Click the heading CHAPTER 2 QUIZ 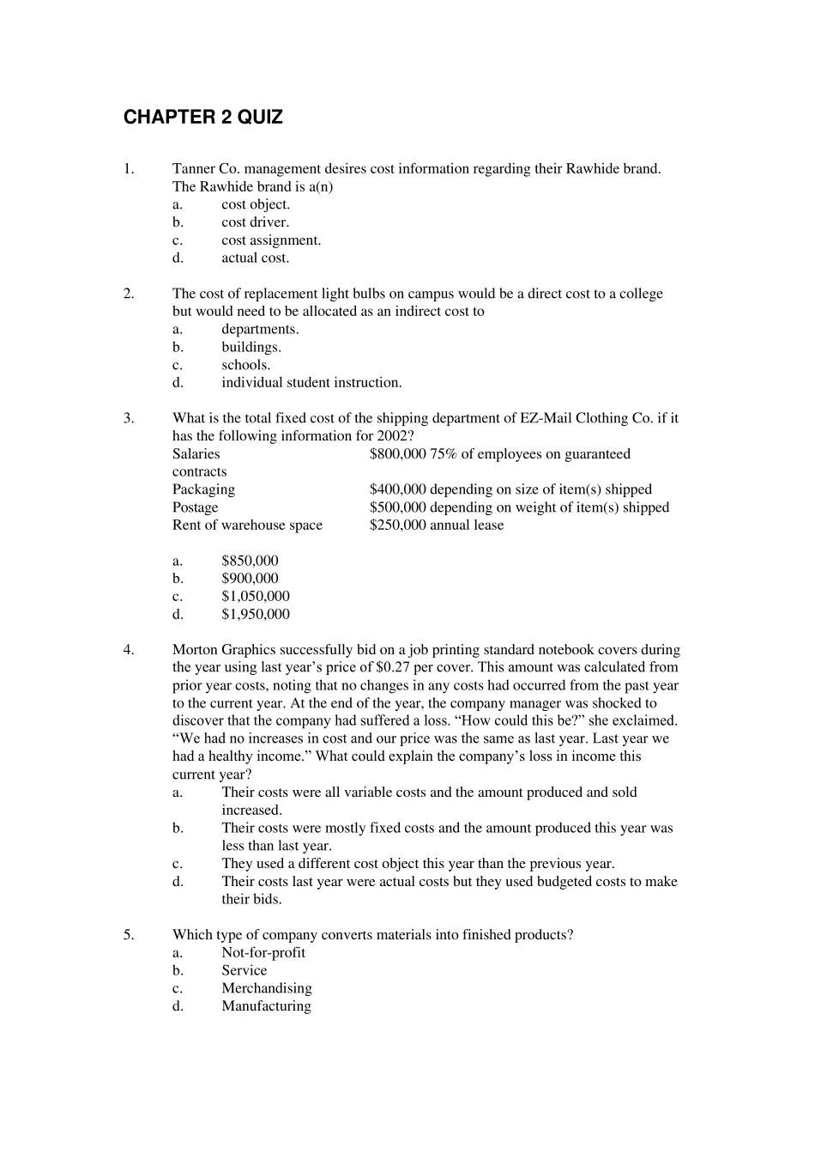tap(202, 118)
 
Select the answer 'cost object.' tap(256, 204)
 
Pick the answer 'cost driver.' tap(255, 222)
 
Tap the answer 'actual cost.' tap(255, 258)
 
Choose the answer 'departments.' tap(260, 329)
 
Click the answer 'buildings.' tap(251, 347)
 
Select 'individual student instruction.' tap(311, 383)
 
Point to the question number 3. tap(129, 418)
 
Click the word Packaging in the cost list tap(203, 489)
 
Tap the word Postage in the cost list tap(195, 507)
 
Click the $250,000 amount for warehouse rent tap(397, 525)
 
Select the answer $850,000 tap(250, 561)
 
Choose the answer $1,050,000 tap(255, 597)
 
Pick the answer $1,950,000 tap(255, 614)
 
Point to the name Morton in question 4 tap(196, 650)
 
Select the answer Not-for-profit tap(263, 953)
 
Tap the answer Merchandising tap(266, 988)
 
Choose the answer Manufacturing tap(266, 1006)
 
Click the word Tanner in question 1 tap(193, 169)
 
